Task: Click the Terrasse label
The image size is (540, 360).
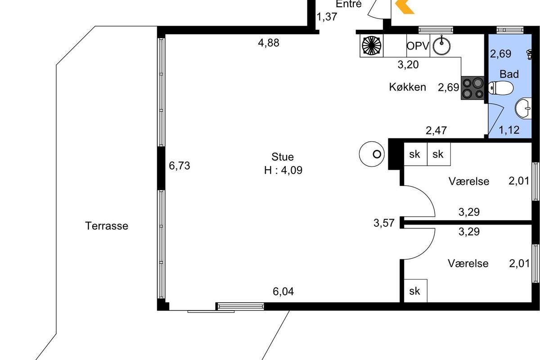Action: [107, 226]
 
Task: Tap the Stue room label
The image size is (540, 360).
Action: [283, 157]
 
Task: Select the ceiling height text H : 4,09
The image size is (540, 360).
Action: [283, 170]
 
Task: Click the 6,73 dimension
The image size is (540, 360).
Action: [180, 166]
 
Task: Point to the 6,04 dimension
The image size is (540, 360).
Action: [283, 292]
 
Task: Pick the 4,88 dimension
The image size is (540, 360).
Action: [269, 43]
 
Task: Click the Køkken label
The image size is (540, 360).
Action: [407, 87]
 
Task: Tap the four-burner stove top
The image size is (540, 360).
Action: [472, 88]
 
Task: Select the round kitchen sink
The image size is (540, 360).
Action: [441, 45]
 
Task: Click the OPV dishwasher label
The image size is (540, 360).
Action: [418, 46]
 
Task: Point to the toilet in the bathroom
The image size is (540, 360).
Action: [500, 88]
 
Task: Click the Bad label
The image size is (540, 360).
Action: [509, 74]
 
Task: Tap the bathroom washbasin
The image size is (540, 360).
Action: [523, 108]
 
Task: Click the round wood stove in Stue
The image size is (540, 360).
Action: [372, 154]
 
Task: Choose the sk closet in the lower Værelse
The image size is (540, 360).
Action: [414, 291]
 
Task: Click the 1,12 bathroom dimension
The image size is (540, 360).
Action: [509, 130]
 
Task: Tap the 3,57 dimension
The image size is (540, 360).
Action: [384, 223]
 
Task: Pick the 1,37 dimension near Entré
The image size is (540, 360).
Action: [327, 17]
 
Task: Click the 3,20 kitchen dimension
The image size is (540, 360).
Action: [408, 65]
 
